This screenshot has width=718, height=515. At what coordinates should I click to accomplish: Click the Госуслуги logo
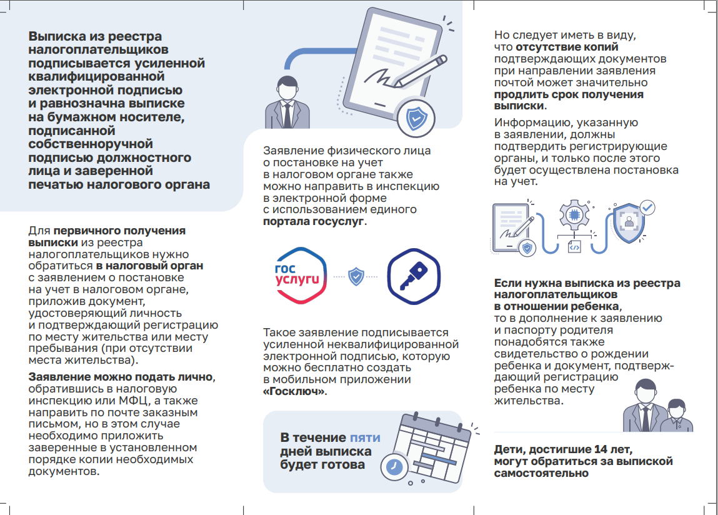(x=301, y=276)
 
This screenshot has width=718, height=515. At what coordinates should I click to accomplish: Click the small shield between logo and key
(x=356, y=276)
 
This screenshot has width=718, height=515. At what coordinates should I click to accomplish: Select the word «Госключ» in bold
(x=294, y=392)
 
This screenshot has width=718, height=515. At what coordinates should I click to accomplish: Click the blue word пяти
(x=364, y=437)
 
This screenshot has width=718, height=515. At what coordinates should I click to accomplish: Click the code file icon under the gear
(x=574, y=247)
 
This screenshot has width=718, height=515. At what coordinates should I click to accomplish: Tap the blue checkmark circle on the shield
(x=647, y=206)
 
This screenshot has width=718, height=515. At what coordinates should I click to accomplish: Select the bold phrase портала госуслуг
(x=313, y=221)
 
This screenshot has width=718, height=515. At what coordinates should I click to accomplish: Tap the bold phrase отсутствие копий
(x=567, y=47)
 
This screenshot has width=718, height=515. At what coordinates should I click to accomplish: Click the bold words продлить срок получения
(x=569, y=94)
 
